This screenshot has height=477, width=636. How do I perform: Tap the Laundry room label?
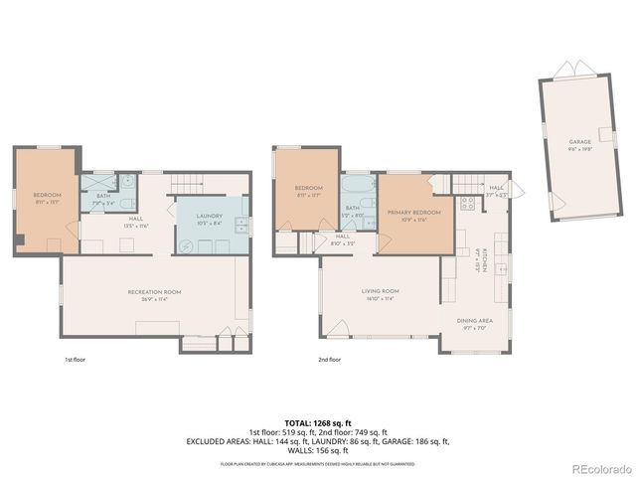click(209, 218)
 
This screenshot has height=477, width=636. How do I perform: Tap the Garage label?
click(579, 143)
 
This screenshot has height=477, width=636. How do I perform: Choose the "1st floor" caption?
click(76, 359)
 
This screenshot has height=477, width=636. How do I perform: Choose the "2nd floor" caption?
click(329, 359)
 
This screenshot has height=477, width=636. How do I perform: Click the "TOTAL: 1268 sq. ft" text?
click(318, 422)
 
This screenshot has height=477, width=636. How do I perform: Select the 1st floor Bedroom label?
click(47, 196)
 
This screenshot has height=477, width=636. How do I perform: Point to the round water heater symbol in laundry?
click(184, 243)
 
